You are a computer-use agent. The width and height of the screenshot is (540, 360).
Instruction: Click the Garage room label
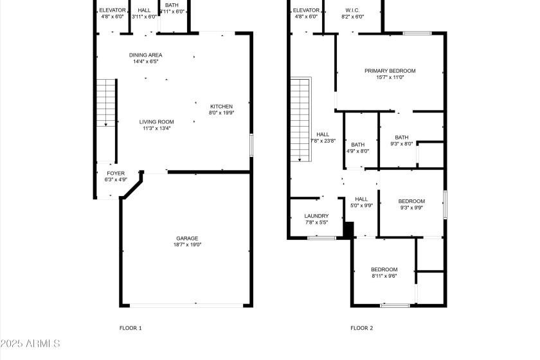[x=188, y=239]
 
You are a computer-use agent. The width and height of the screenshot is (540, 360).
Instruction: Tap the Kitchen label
[x=221, y=107]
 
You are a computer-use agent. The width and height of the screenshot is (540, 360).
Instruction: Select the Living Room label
[x=157, y=122]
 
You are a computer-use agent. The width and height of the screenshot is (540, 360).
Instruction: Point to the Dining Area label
[x=145, y=55]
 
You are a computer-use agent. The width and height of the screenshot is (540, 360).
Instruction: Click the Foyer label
[x=116, y=174]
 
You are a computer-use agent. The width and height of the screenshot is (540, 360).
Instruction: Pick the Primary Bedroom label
[x=390, y=71]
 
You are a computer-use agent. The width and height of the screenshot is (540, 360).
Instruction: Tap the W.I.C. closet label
[x=352, y=10]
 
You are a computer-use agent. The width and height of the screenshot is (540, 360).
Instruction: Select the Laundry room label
[x=316, y=216]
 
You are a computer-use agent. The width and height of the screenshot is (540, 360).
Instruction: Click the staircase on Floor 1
[x=105, y=120]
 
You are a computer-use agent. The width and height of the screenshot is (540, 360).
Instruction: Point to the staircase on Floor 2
[x=300, y=120]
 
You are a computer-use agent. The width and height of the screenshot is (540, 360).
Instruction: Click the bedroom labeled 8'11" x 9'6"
[x=384, y=269]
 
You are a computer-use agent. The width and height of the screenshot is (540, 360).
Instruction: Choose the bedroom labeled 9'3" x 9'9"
[x=411, y=201]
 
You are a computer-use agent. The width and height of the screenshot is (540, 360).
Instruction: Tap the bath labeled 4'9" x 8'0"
[x=357, y=145]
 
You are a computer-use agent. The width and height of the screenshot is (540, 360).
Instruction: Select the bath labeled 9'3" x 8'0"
[x=401, y=137]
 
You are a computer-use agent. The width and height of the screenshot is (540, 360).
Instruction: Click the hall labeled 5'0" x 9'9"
[x=361, y=199]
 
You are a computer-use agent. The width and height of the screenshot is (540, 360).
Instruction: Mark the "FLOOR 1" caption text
[x=130, y=328]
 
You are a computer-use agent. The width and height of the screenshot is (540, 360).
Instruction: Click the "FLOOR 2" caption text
[x=361, y=328]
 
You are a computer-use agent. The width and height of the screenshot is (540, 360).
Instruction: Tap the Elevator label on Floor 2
[x=306, y=10]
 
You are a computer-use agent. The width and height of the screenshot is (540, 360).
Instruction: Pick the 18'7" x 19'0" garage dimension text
[x=188, y=245]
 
